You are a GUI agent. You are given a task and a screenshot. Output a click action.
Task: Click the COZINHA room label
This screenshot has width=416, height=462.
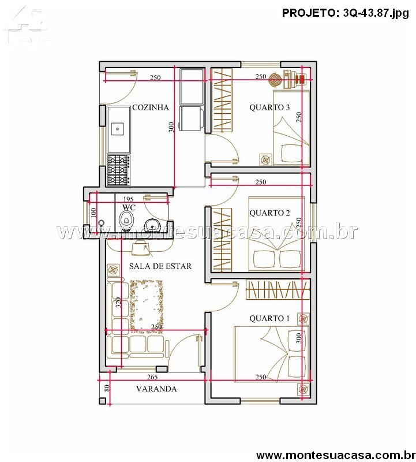(151, 107)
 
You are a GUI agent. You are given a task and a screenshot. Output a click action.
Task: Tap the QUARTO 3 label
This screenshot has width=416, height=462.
(269, 107)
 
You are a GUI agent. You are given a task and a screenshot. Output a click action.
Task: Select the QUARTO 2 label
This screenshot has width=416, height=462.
(269, 213)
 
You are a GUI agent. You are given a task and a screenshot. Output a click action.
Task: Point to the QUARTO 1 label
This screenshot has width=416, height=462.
(269, 318)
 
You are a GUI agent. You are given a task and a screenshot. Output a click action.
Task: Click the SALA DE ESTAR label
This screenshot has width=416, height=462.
(160, 266)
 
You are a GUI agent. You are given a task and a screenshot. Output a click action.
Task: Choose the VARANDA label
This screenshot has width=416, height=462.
(156, 389)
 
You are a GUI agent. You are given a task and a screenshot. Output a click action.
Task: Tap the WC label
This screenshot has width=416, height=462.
(129, 207)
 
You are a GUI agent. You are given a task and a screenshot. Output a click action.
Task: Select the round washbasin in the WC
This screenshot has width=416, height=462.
(152, 225)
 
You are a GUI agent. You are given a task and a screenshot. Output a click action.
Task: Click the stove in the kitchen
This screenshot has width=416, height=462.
(118, 170)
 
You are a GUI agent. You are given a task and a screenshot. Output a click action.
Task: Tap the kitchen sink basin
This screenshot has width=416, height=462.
(117, 129)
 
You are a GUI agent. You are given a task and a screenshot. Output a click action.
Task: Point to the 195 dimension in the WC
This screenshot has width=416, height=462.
(128, 199)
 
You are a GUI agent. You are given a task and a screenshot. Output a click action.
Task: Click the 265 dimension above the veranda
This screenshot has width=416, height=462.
(152, 377)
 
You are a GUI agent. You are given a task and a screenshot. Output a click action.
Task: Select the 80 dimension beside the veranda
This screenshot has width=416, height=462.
(107, 388)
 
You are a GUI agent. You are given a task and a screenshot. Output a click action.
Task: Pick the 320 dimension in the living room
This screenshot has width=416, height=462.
(118, 303)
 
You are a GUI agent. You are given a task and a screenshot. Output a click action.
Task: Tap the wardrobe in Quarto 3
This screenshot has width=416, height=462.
(222, 100)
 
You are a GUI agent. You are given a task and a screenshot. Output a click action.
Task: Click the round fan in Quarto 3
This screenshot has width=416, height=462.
(276, 80)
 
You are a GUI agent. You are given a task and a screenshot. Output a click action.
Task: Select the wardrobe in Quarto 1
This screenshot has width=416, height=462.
(278, 290)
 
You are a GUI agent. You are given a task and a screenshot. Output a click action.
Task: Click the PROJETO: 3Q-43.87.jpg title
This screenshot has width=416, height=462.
(346, 13)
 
